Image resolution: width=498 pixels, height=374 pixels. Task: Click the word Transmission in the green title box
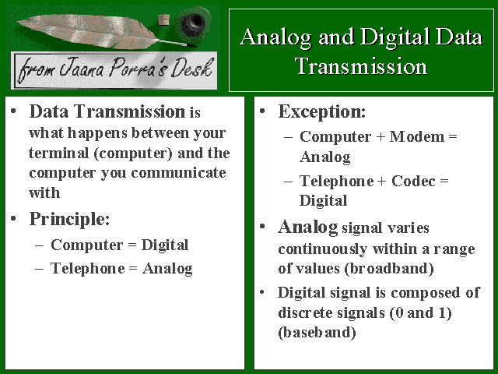361,66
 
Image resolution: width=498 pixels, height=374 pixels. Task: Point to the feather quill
102,32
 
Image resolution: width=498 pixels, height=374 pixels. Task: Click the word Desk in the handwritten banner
191,68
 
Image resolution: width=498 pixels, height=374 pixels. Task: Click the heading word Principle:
69,220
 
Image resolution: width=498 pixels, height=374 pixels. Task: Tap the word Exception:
322,112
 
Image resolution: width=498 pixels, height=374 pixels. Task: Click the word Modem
417,137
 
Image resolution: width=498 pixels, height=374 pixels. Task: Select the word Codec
413,182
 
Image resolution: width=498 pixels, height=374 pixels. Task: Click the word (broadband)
389,268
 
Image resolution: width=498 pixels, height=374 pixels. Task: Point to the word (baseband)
317,333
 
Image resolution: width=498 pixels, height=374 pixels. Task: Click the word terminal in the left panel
58,153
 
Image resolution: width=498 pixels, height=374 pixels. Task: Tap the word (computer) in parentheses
133,154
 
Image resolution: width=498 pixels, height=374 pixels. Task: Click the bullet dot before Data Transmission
13,111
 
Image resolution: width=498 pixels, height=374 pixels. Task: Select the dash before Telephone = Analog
40,268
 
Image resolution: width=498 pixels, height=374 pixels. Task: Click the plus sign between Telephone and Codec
381,182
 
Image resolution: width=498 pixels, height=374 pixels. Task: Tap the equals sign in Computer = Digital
132,245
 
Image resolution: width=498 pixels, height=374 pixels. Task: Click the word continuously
323,249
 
